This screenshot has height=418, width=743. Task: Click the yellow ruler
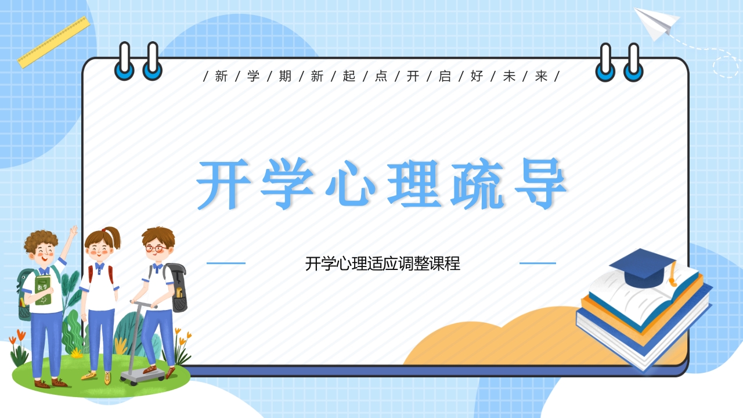[x=54, y=42]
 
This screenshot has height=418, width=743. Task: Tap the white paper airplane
[x=656, y=23]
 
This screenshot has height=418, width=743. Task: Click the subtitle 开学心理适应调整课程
[x=383, y=264]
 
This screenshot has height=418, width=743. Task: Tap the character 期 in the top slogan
[x=285, y=76]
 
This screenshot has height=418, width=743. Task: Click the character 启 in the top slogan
[x=445, y=76]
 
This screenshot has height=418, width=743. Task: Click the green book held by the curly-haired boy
[x=43, y=290]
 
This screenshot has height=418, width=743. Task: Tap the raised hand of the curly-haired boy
[x=74, y=231]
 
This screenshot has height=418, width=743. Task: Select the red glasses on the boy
[x=157, y=248]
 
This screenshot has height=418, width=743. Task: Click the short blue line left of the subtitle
[x=226, y=263]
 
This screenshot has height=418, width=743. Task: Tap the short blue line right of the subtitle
[x=538, y=263]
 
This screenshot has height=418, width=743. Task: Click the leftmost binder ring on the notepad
[x=124, y=62]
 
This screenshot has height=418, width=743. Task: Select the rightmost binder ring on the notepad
[x=633, y=62]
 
